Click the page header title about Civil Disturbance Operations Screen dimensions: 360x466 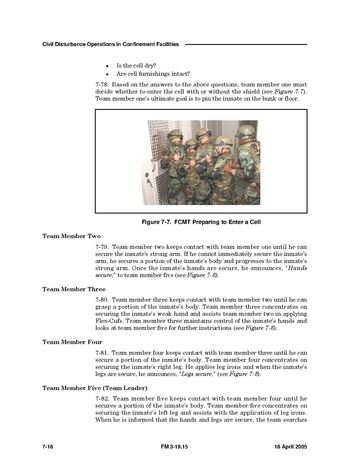(x=110, y=44)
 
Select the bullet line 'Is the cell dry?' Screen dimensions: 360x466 (x=136, y=65)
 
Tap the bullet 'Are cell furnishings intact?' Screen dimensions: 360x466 (x=153, y=74)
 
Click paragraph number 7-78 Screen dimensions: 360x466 (x=101, y=84)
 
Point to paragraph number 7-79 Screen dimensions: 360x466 (x=101, y=247)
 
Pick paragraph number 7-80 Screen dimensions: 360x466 (x=101, y=300)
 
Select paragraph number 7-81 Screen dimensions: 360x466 (x=101, y=353)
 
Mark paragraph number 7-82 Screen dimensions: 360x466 (x=101, y=399)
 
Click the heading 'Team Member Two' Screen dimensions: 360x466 (x=71, y=236)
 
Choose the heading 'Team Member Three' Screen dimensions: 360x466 (x=74, y=289)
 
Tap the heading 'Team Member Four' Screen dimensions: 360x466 (x=72, y=342)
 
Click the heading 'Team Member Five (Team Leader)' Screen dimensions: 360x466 (x=95, y=388)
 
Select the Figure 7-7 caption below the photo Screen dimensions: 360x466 (x=201, y=222)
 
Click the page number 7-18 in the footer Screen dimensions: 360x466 (x=48, y=447)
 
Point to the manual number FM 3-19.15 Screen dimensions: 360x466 (x=174, y=447)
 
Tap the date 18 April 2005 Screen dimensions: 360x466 (x=291, y=447)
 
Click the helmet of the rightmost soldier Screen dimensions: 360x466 (x=246, y=132)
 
